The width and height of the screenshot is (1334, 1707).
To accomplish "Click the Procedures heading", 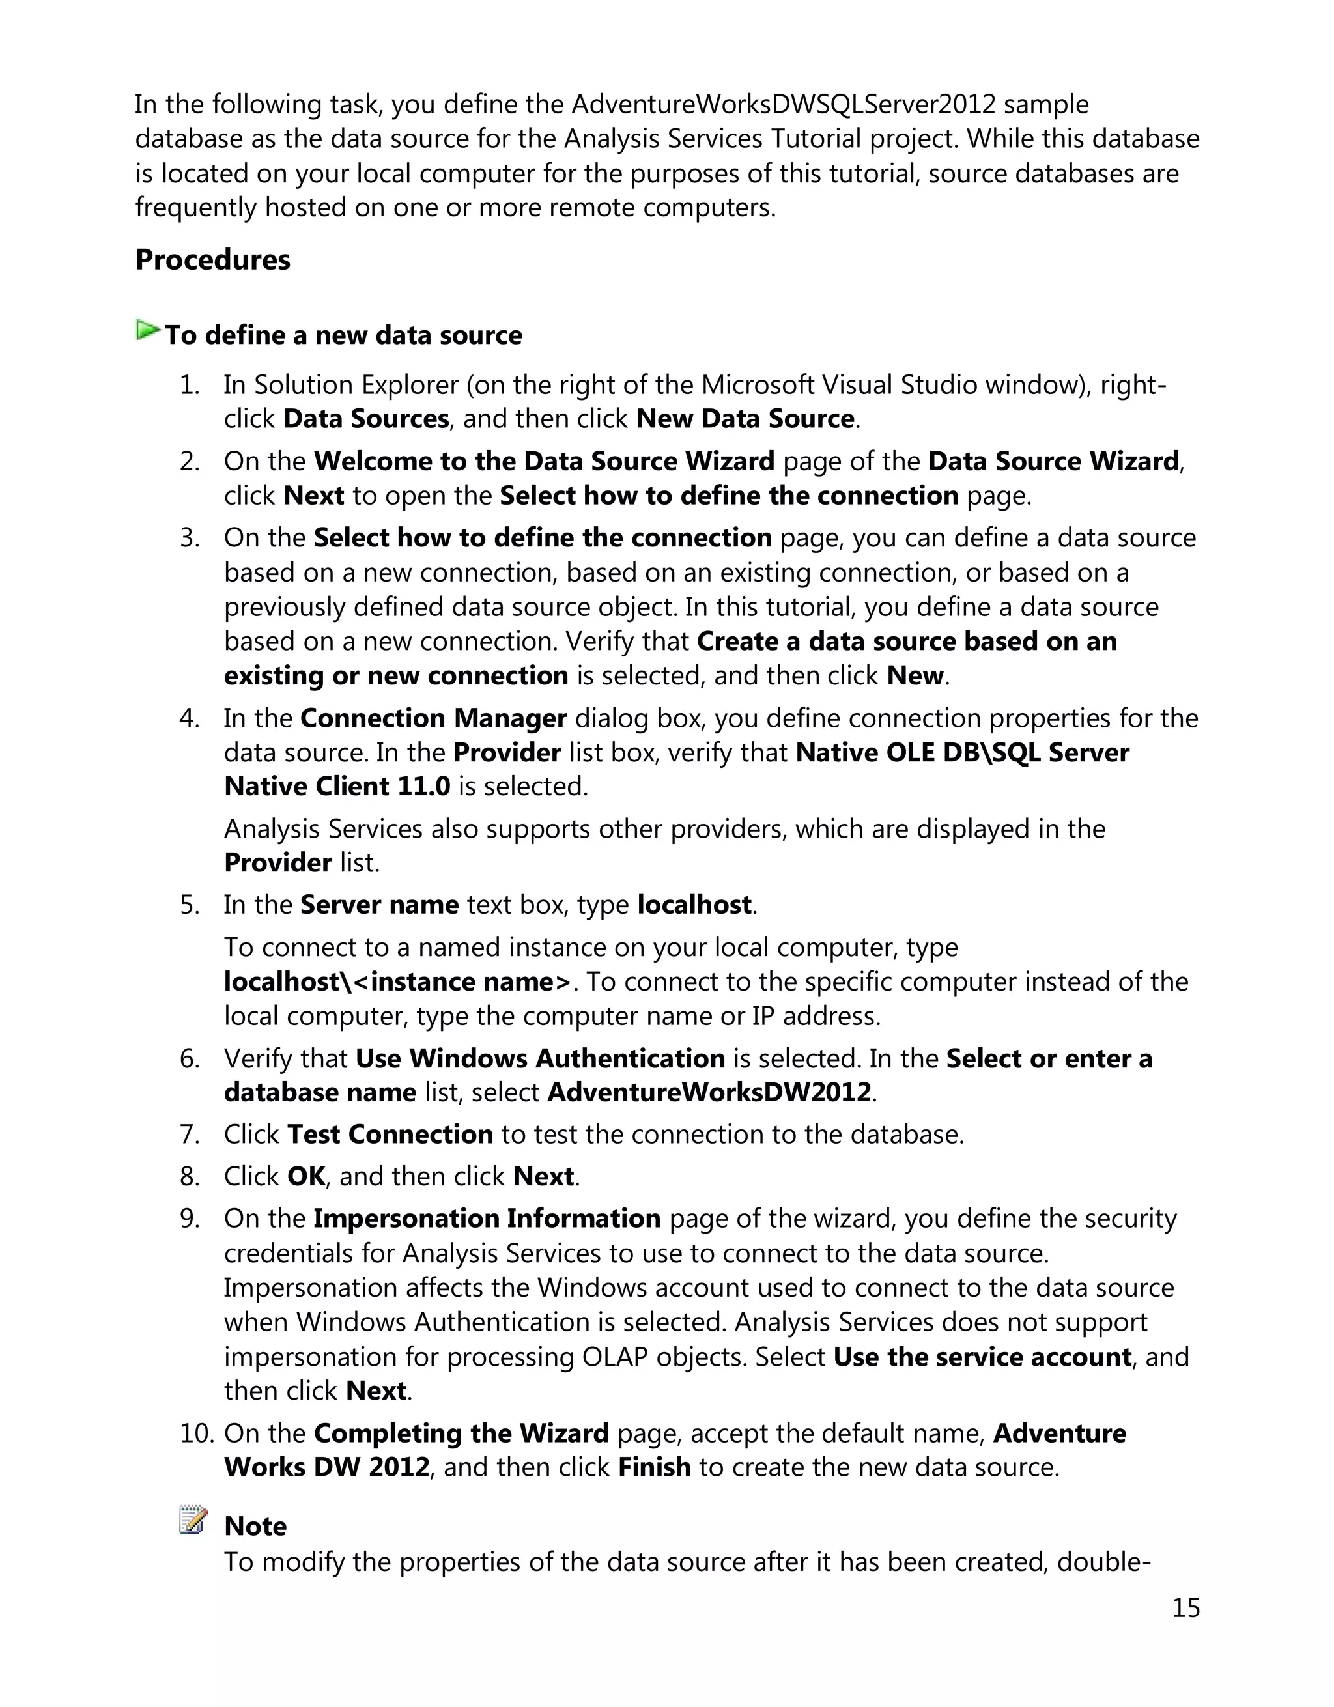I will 212,259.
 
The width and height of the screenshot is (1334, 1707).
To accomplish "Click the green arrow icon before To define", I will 147,331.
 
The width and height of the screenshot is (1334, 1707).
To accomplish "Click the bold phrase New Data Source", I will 745,419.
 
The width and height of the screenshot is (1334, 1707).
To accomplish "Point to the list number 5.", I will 190,905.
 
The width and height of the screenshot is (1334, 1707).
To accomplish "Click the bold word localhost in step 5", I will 694,905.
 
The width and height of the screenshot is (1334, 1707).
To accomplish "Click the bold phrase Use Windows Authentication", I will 540,1058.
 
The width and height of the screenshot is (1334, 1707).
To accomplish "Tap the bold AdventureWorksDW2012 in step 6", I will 709,1093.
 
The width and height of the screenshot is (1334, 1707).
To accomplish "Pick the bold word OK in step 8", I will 305,1176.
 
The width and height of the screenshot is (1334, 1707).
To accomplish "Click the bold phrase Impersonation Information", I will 487,1219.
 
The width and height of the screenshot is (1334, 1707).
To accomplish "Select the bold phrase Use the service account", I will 982,1357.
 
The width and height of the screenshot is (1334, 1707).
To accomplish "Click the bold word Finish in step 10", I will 654,1467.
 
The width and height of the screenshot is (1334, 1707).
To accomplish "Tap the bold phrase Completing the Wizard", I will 461,1433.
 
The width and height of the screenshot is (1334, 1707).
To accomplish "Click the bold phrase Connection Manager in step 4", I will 433,718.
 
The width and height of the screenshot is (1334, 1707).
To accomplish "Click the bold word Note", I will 255,1527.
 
